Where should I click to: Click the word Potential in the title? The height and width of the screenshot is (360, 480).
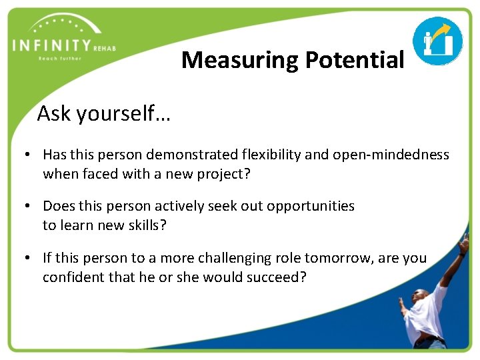point(354,61)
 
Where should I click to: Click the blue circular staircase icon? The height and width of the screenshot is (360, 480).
point(437,41)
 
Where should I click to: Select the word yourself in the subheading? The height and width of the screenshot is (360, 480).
point(123,114)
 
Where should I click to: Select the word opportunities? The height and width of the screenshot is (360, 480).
point(311,206)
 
